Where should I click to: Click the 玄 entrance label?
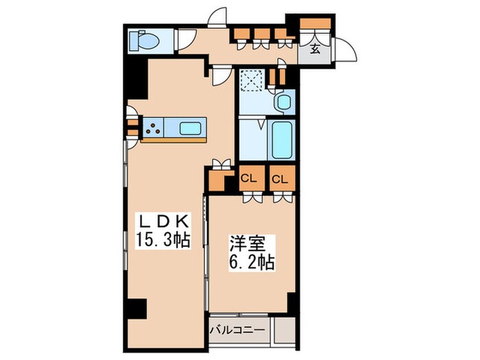(x=315, y=49)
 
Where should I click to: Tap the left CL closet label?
(x=248, y=179)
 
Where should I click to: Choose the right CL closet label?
(x=279, y=179)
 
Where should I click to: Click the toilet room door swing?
(x=184, y=39)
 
